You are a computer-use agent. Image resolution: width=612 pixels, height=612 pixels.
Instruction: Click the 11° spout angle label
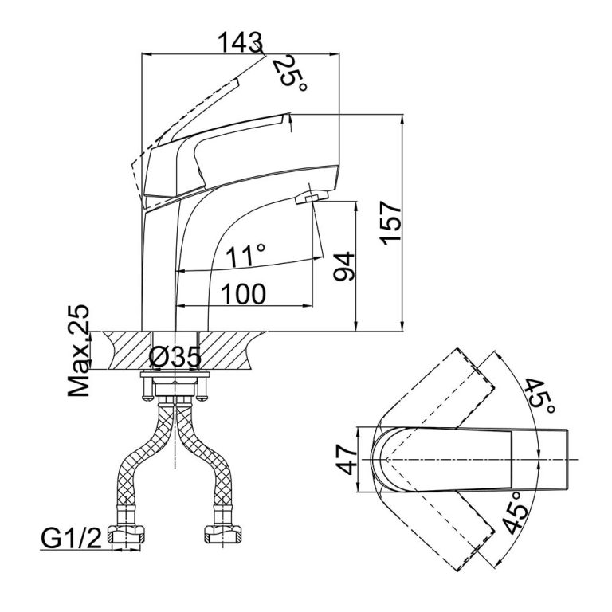point(244,257)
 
